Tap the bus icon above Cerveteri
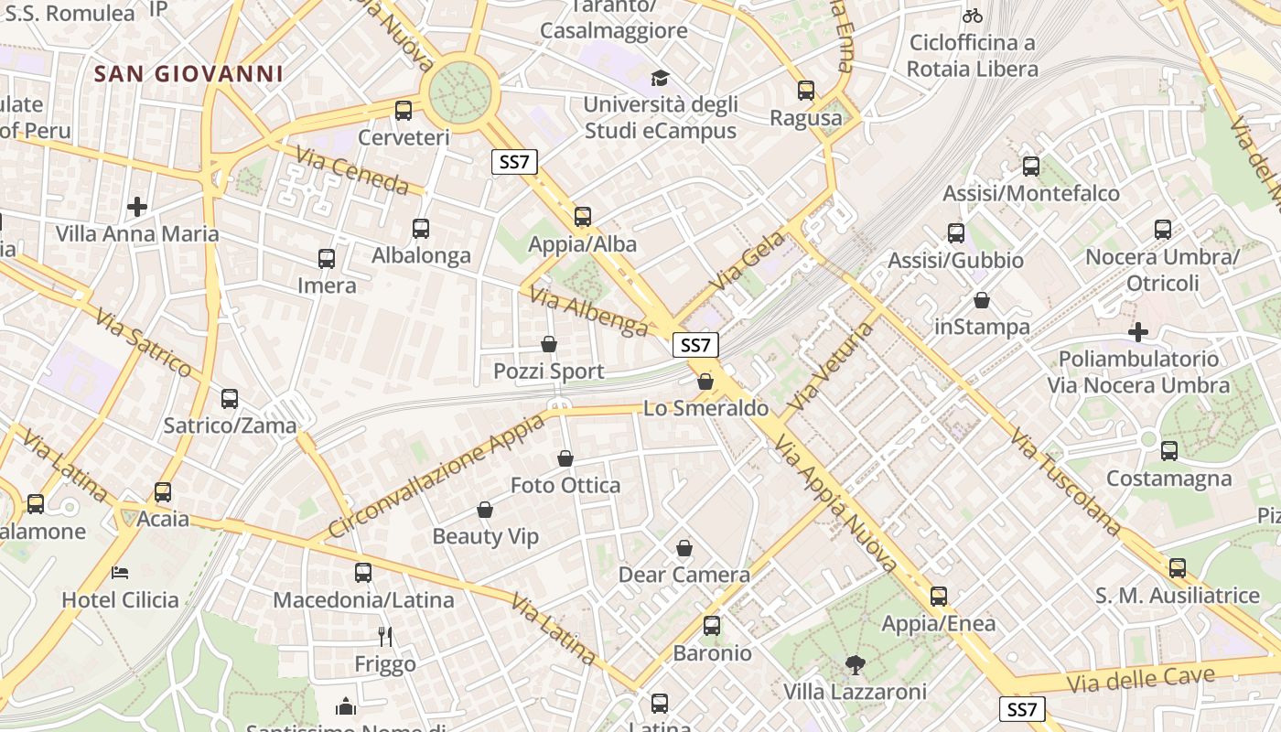coord(404,111)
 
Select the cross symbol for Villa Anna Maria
coord(137,207)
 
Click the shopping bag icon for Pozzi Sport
coord(549,344)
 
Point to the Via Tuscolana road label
coord(1067,481)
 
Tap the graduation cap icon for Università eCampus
coord(660,78)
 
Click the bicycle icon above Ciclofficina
coord(973,16)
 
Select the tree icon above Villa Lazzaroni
coord(856,665)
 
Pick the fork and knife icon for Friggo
coord(385,636)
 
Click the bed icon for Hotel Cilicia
coord(120,573)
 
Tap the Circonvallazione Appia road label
coord(436,476)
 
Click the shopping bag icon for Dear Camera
coord(684,548)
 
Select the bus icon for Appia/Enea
coord(939,597)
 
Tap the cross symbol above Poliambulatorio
coord(1138,332)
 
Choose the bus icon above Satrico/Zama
coord(230,399)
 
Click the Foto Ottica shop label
coord(565,485)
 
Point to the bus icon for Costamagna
coord(1169,451)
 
